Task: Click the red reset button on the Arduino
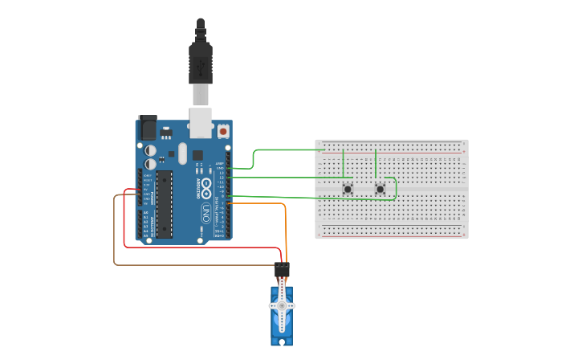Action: pos(222,130)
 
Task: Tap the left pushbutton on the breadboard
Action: pos(348,189)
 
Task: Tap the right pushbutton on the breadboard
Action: pos(380,189)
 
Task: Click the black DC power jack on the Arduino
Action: pos(148,128)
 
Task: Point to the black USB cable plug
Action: pos(201,64)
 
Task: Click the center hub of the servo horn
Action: pos(281,306)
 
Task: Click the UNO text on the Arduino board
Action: pos(206,214)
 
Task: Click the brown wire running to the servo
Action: pos(114,233)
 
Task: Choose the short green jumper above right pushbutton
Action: pos(376,163)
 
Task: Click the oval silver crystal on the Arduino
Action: pos(183,153)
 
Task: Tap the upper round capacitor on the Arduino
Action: pos(150,149)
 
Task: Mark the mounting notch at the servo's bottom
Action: pos(281,342)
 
